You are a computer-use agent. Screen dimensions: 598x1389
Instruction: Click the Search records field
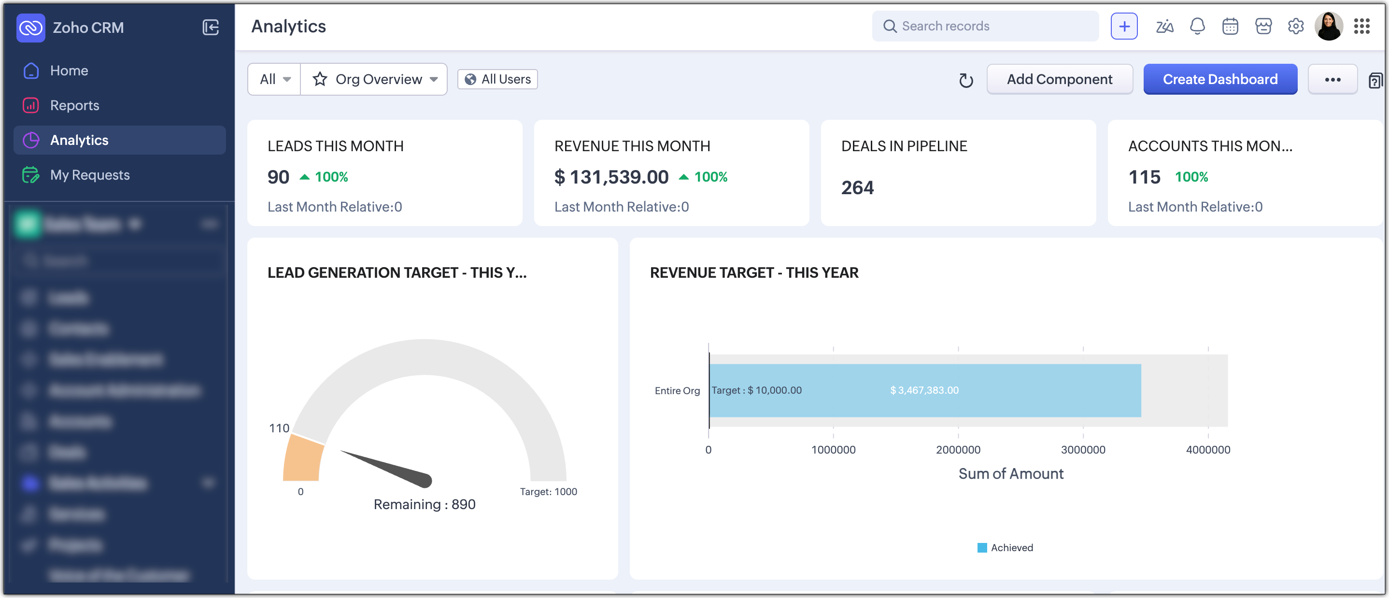coord(985,26)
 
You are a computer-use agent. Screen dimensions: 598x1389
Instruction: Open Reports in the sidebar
coord(74,105)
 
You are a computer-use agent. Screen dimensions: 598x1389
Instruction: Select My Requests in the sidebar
coord(89,175)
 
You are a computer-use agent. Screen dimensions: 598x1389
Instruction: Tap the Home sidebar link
coord(69,71)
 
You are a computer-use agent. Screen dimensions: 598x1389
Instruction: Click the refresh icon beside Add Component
coord(966,80)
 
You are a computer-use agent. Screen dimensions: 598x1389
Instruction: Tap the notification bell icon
coord(1197,26)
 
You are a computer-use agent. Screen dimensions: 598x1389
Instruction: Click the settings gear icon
coord(1295,26)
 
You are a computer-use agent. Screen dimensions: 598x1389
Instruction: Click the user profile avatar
coord(1328,26)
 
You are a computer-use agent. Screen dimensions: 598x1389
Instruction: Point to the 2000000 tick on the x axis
coord(958,450)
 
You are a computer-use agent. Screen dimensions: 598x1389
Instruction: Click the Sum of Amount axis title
coord(1010,473)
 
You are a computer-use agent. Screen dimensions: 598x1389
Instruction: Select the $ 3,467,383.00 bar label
coord(924,390)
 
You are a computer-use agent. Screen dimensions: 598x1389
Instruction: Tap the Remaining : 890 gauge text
coord(425,504)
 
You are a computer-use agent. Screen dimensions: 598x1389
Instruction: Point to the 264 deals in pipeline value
coord(857,187)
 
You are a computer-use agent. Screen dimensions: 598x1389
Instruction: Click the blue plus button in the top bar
coord(1124,26)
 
